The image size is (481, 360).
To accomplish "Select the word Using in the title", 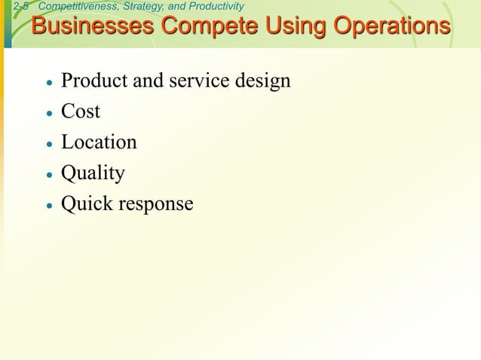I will (293, 26).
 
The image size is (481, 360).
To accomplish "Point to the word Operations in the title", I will (391, 26).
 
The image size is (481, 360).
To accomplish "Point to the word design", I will (263, 81).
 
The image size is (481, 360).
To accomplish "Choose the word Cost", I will (81, 111).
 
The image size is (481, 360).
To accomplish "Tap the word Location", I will (99, 142).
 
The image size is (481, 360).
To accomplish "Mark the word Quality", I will (93, 173).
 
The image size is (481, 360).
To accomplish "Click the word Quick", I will (84, 204).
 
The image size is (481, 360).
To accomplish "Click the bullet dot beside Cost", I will (49, 114).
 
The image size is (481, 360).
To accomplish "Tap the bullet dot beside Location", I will (49, 144).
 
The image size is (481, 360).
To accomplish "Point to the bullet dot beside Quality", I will (49, 175).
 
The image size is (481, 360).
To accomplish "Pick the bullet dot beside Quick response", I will (49, 206).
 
